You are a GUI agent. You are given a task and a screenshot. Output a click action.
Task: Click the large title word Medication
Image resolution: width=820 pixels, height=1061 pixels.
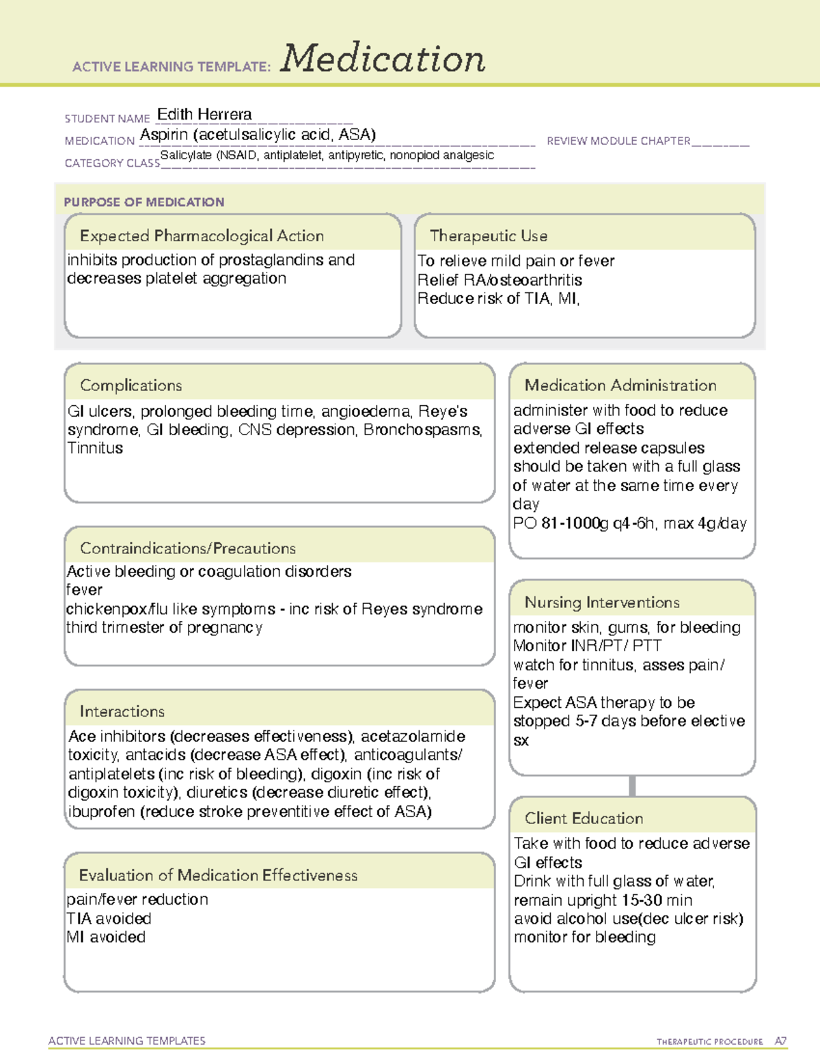(383, 59)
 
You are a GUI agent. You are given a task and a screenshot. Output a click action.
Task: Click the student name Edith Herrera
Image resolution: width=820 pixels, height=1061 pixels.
(204, 114)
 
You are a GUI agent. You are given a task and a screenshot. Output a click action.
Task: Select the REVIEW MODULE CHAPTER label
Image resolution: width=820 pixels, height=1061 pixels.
(618, 141)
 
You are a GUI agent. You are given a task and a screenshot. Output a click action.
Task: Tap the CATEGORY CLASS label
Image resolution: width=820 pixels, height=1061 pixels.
(112, 163)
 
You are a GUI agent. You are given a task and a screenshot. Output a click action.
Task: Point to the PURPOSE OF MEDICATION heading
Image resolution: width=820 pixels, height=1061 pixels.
(143, 202)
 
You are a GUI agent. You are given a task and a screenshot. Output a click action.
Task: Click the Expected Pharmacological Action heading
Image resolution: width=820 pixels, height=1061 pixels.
(202, 236)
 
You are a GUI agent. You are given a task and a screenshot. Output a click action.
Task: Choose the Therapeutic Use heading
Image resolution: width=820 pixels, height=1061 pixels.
(488, 236)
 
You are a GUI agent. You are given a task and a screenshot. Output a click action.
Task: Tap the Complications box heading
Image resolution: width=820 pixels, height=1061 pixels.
(131, 385)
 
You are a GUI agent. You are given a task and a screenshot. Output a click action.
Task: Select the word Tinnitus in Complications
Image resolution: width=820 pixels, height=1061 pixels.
(95, 448)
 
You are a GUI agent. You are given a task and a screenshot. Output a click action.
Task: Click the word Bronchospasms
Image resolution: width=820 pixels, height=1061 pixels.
(422, 430)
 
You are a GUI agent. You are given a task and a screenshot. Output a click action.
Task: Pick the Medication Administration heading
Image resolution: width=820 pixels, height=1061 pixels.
(620, 385)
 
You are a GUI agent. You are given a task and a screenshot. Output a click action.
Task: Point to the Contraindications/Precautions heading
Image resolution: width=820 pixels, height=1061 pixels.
(187, 548)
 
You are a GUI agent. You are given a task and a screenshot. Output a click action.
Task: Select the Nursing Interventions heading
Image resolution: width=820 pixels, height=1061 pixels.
(601, 602)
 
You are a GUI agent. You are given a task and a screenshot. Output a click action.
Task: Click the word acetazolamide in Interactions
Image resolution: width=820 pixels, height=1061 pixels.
(413, 736)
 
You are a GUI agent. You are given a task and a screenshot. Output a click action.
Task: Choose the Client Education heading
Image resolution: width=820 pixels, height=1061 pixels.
(584, 818)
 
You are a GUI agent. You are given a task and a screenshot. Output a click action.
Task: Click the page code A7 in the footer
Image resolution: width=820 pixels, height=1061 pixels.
(780, 1041)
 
